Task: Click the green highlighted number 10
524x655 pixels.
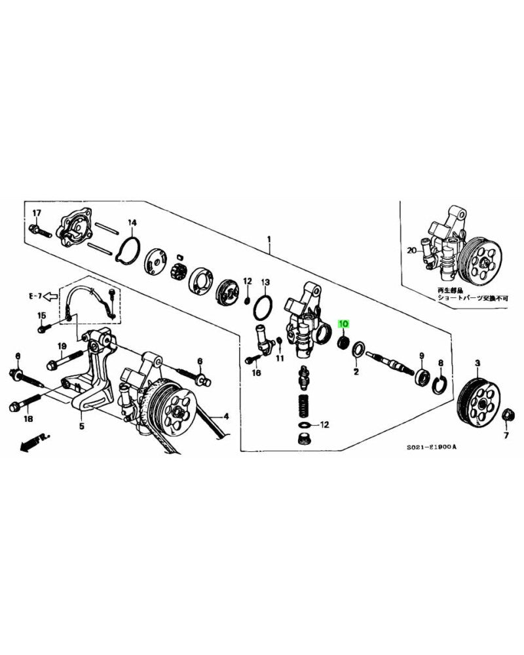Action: coord(344,324)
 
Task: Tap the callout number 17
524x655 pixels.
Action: coord(37,213)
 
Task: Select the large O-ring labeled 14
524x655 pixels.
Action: coord(128,250)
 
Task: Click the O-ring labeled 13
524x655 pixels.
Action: coord(263,306)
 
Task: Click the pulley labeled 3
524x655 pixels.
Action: coord(477,400)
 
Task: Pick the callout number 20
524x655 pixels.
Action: coord(411,250)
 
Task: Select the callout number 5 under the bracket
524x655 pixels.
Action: coord(82,426)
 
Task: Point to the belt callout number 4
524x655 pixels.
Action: coord(225,416)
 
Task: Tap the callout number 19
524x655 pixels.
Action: coord(62,346)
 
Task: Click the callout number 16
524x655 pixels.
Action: coord(256,373)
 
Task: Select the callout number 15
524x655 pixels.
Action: coord(42,316)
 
